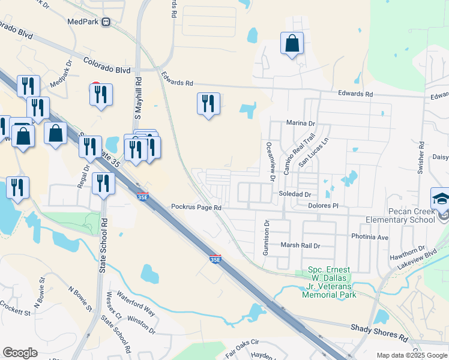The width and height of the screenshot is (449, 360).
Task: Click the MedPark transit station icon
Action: tap(107, 22)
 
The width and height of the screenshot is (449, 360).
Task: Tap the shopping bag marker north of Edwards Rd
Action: tap(292, 44)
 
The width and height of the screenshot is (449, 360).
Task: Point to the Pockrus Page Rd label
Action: tap(196, 207)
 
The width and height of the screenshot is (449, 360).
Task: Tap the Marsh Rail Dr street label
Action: tap(301, 245)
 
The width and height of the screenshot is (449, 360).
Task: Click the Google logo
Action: tap(20, 353)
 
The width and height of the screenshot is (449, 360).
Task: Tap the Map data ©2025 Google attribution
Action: tap(411, 355)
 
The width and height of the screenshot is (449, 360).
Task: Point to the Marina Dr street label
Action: tap(301, 123)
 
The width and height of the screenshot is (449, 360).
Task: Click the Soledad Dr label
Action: tap(294, 194)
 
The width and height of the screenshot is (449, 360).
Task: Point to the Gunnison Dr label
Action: tap(265, 238)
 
